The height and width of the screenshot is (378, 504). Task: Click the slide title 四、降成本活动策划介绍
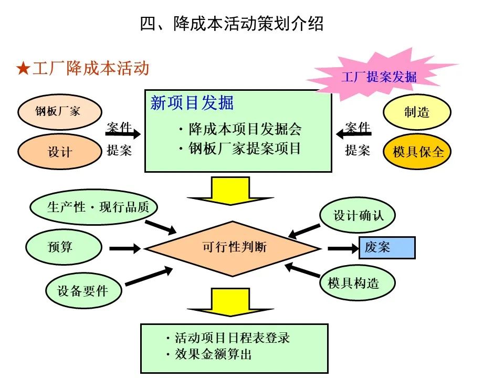click(x=232, y=24)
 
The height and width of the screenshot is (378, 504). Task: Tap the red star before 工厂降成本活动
click(x=23, y=69)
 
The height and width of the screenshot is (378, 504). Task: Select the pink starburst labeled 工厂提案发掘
click(x=378, y=76)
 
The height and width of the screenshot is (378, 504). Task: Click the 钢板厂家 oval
click(x=58, y=111)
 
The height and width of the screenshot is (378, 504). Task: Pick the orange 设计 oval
click(x=59, y=152)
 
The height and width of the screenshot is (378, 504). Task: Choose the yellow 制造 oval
click(x=417, y=112)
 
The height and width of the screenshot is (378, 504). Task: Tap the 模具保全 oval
click(x=418, y=152)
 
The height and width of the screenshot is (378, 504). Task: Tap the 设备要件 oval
click(x=83, y=290)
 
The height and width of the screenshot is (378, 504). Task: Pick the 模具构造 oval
click(x=357, y=283)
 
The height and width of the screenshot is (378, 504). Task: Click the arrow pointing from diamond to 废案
click(x=342, y=248)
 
